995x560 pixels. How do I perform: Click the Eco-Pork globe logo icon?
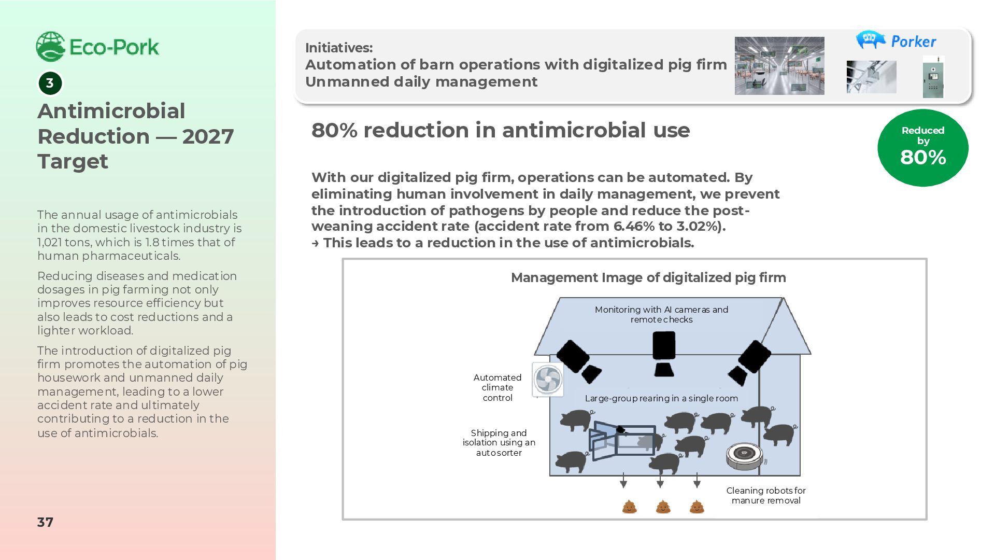[50, 47]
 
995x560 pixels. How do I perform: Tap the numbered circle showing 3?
[50, 83]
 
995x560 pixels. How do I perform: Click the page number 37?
[45, 522]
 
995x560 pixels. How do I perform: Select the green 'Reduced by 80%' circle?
[922, 147]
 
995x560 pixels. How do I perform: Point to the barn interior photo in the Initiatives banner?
[779, 66]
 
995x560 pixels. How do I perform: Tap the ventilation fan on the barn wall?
[548, 379]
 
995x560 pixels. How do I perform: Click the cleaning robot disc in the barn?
[745, 455]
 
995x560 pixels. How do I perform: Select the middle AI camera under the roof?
[664, 353]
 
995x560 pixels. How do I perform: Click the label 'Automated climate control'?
[497, 387]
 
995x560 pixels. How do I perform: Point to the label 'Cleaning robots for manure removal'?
[765, 495]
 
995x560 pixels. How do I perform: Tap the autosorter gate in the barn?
[621, 441]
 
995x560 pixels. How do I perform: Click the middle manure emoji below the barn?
[663, 507]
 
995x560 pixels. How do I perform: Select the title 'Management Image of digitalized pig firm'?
[648, 278]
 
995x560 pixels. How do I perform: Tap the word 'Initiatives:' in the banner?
[339, 48]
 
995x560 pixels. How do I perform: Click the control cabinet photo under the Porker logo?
[933, 78]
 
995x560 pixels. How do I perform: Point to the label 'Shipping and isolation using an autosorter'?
[499, 442]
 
